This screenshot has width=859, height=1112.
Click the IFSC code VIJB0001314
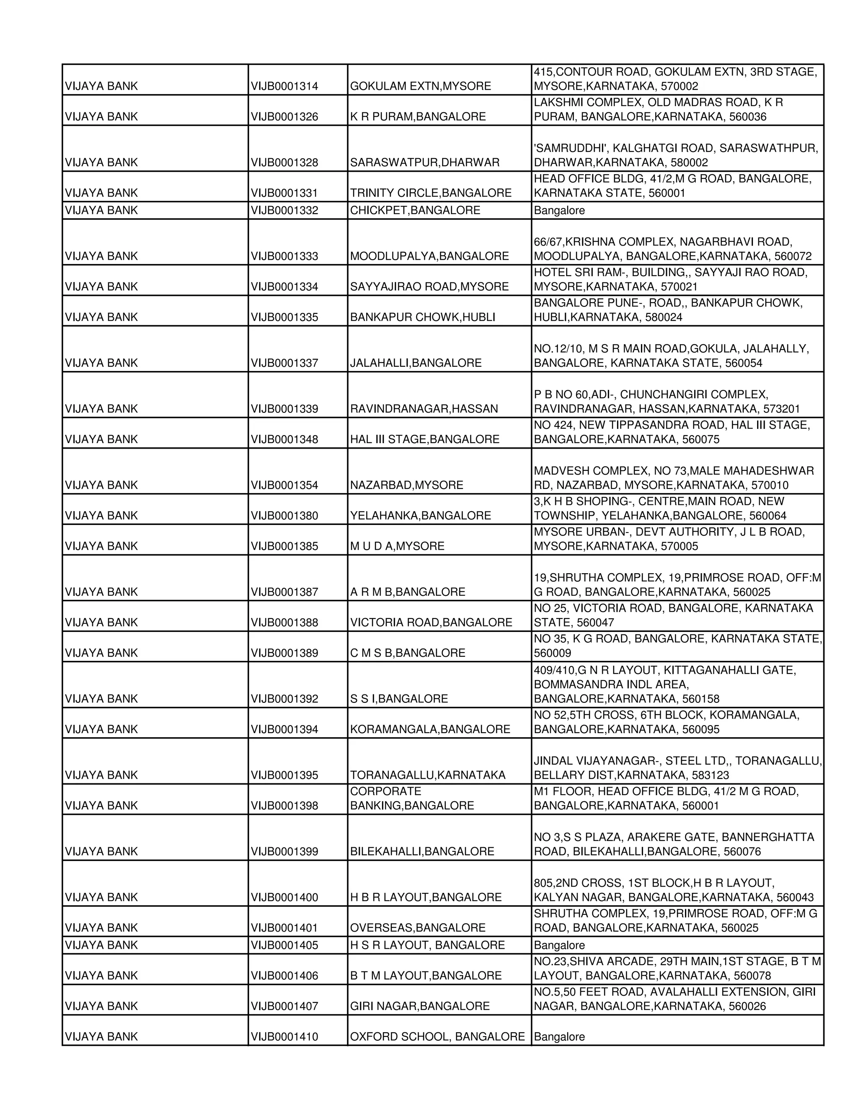(284, 86)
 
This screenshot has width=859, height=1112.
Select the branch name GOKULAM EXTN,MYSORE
(420, 86)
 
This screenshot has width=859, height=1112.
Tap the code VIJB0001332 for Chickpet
(284, 210)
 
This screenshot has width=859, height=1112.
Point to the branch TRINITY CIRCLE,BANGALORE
(430, 193)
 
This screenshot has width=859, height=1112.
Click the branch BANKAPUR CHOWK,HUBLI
(422, 317)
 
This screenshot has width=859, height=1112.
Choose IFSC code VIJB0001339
(284, 409)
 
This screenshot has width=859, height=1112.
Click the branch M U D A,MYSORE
(397, 546)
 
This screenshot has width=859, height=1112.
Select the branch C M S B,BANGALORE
(408, 653)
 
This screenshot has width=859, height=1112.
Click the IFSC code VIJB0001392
(284, 699)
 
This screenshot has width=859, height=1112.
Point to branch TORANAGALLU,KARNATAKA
(427, 775)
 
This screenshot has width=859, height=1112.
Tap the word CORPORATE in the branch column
(385, 792)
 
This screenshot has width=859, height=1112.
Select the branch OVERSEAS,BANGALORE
(417, 928)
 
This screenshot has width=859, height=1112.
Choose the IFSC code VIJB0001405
(284, 945)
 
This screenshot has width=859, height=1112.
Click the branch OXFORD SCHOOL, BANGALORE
(437, 1037)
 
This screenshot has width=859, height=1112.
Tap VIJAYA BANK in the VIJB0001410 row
(101, 1037)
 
